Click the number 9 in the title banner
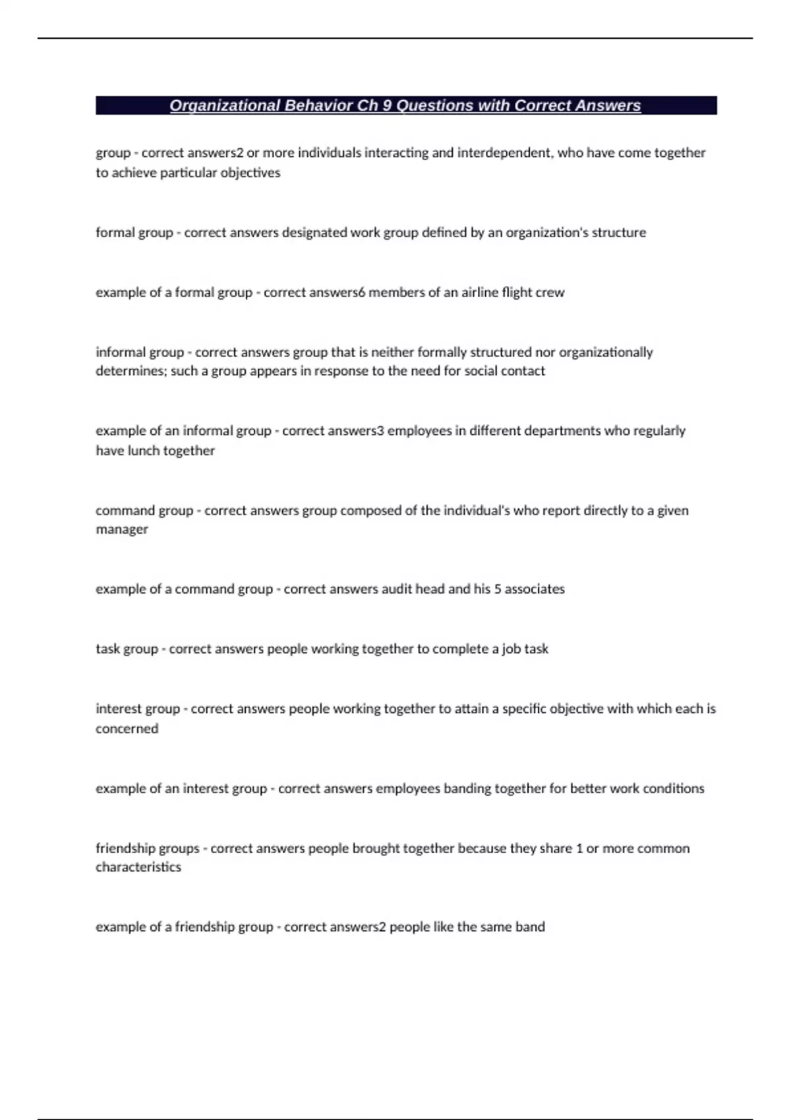[386, 105]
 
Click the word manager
[122, 530]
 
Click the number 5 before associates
[498, 589]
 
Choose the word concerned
[127, 729]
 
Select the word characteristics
[138, 867]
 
